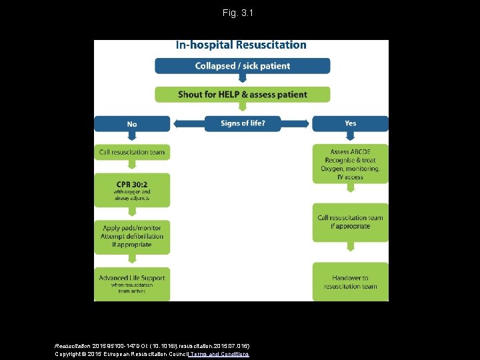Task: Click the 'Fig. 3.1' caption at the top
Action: pos(239,13)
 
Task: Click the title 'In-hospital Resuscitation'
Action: pos(241,45)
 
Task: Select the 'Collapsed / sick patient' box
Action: pos(242,66)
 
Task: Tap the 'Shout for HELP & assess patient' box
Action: pos(242,94)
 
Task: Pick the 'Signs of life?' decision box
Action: pos(242,123)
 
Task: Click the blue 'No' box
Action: pos(132,123)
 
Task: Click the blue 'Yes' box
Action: pos(350,123)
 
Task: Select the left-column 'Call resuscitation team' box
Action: pos(132,152)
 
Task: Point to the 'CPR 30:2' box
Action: pos(132,189)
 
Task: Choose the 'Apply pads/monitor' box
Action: pos(132,237)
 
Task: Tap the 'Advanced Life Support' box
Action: pos(132,281)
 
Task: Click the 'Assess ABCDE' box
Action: pos(350,164)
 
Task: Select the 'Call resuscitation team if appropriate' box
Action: pos(350,222)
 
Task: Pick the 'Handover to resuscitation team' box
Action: pos(350,282)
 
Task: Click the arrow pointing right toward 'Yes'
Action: pos(304,123)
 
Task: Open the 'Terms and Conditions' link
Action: pos(219,354)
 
